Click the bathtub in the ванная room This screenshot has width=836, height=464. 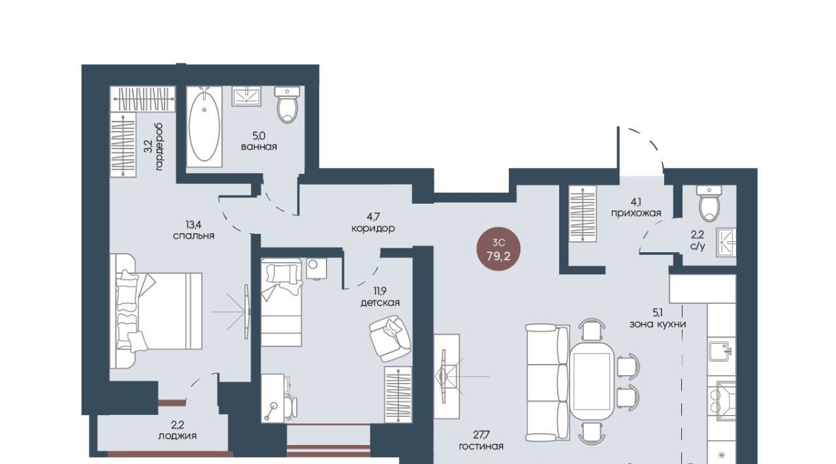point(204,127)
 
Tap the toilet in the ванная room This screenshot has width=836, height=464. point(287,105)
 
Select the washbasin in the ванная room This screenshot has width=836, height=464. point(246,96)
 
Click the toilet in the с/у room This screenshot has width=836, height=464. point(709,203)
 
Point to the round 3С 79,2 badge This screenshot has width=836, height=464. point(498,249)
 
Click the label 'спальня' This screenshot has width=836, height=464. point(193,236)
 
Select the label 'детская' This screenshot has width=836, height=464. point(380,303)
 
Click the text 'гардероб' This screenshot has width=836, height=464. point(159,147)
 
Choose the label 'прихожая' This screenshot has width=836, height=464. point(636,213)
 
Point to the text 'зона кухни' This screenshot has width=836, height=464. point(658,324)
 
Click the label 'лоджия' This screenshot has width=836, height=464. point(177,436)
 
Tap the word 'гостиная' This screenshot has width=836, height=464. point(481,446)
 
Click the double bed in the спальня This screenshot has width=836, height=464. point(156,311)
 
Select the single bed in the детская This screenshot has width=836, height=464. point(281,302)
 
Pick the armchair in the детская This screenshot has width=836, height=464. point(390,339)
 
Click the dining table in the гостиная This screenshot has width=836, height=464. point(592,381)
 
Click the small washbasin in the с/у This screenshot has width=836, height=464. point(726,242)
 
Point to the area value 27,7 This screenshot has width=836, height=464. point(481,435)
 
